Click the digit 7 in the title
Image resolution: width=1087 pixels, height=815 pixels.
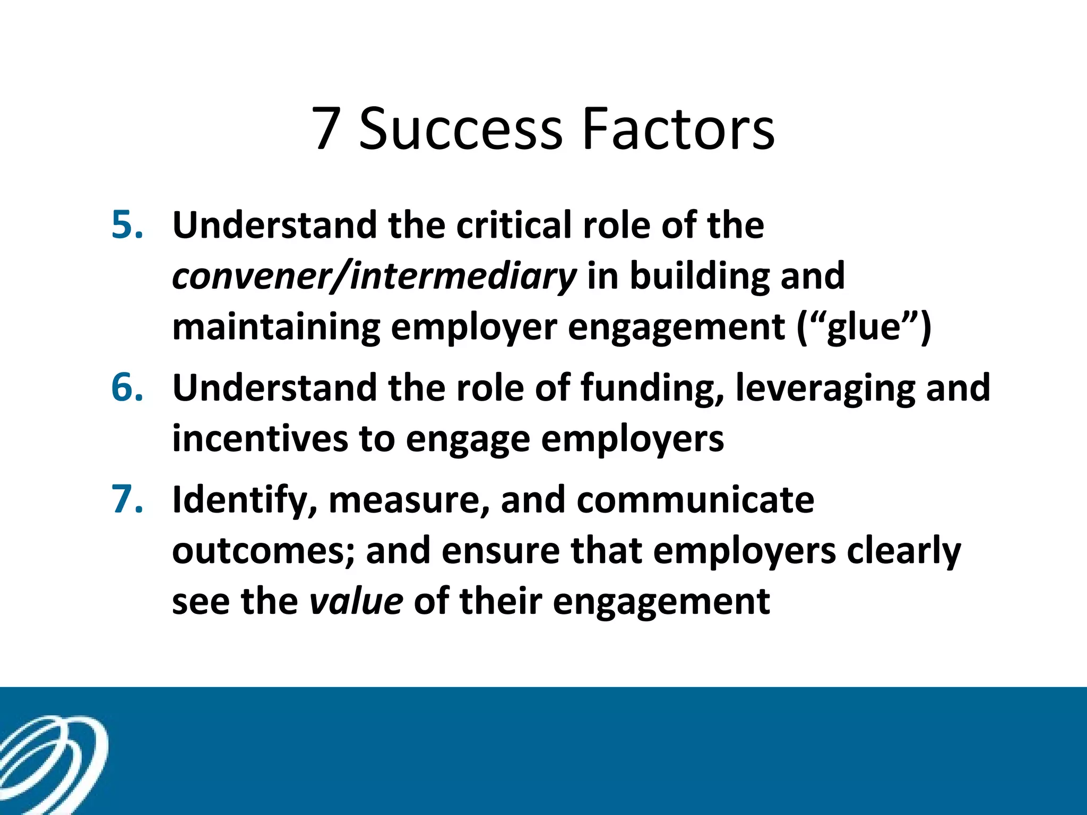pos(326,128)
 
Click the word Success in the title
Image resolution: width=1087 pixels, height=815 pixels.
pos(460,128)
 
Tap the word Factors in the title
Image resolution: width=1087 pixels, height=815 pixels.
pos(678,128)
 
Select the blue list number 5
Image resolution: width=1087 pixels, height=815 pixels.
pos(127,225)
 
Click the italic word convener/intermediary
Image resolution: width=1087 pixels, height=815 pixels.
pos(374,276)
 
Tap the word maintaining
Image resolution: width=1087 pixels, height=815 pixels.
pos(276,327)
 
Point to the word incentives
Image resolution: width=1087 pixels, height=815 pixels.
pos(260,439)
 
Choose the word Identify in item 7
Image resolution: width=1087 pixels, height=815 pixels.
pos(245,500)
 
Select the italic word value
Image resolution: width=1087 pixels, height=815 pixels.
pos(356,601)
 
